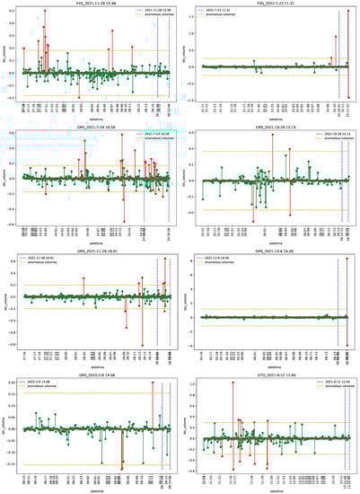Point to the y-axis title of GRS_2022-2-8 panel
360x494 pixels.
click(7, 427)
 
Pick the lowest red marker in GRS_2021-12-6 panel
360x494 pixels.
click(347, 346)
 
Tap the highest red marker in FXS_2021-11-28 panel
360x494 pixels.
click(44, 13)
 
